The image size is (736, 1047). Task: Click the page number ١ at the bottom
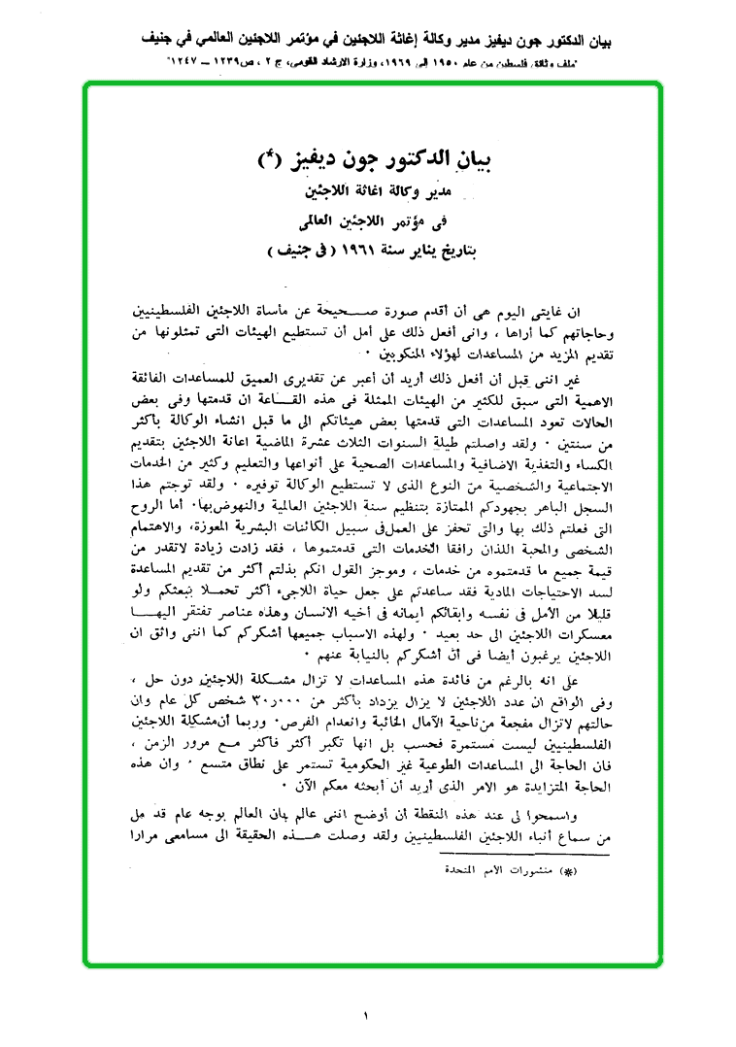367,1015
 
